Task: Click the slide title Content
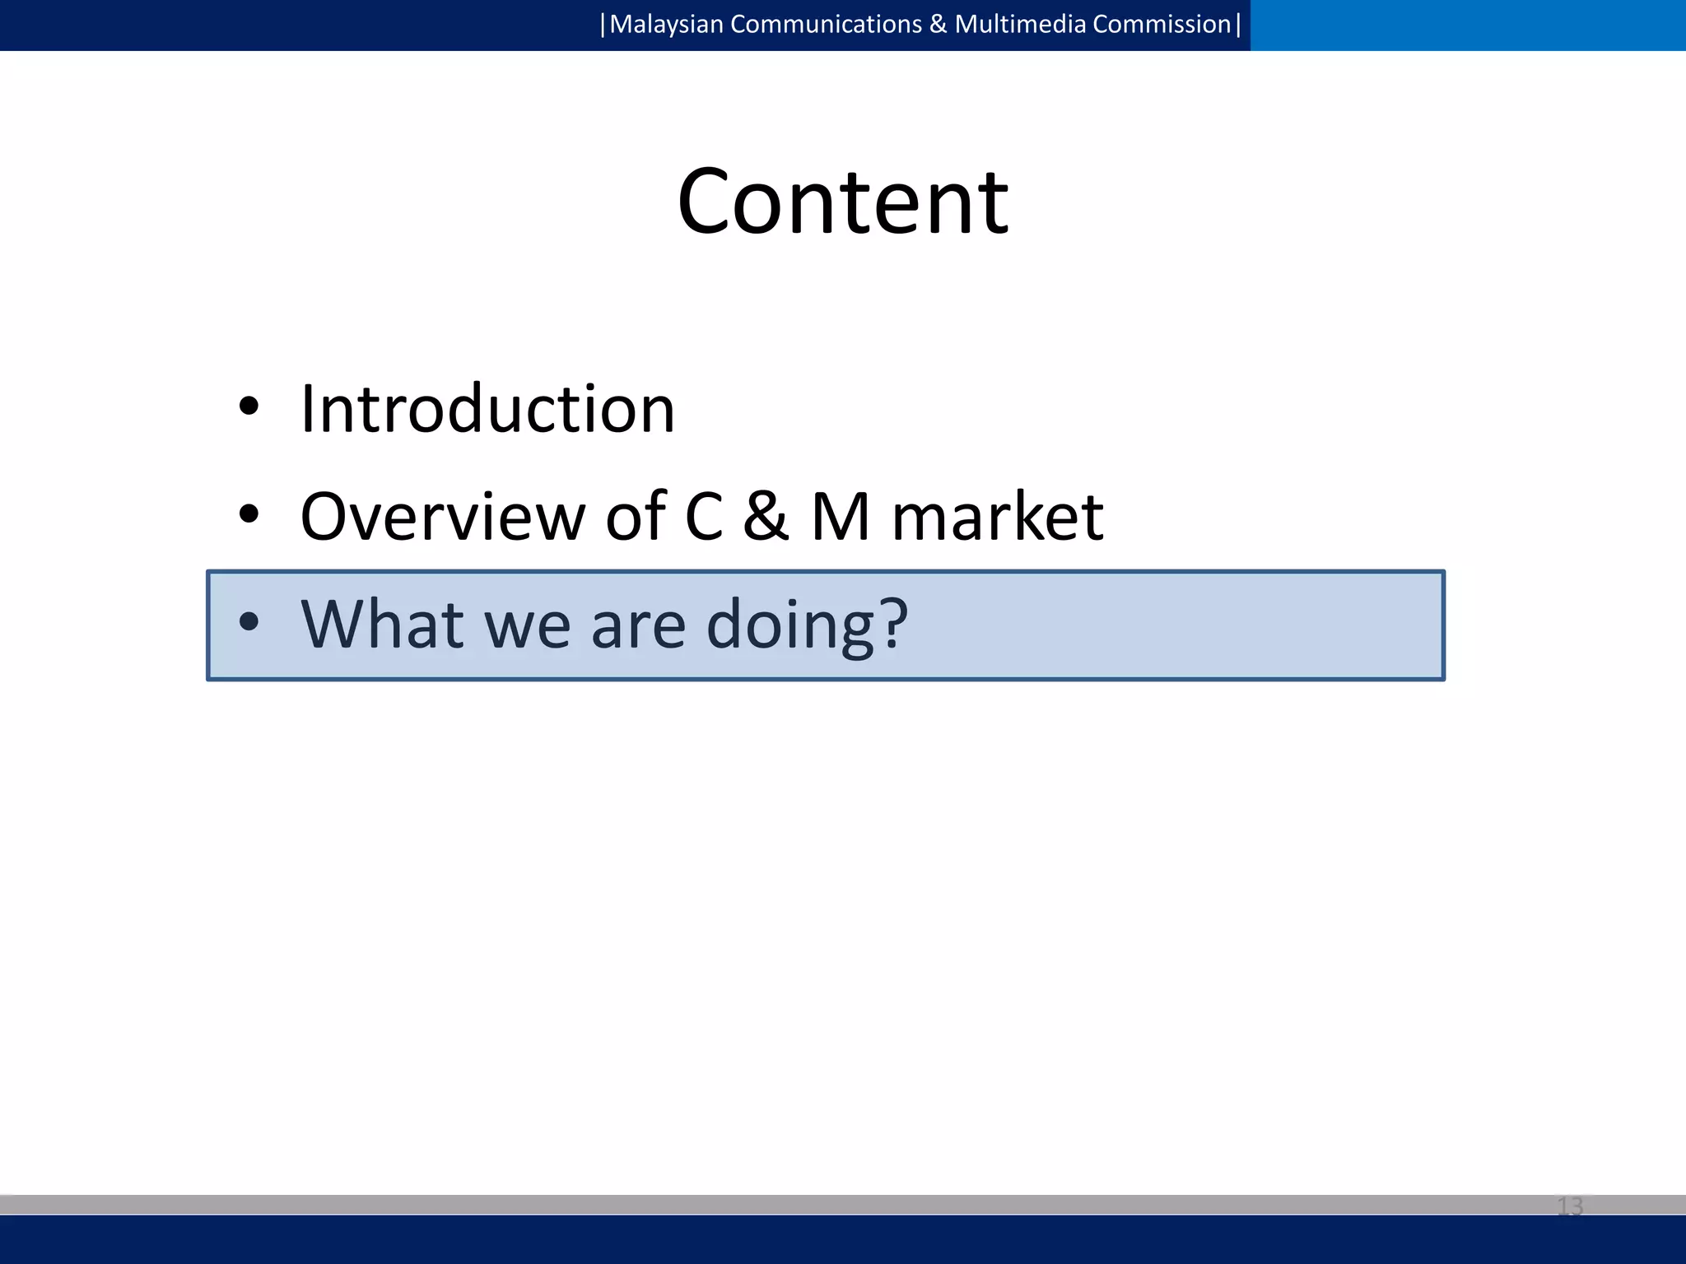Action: tap(842, 202)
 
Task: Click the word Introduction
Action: tap(487, 409)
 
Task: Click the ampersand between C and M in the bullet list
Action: tap(766, 517)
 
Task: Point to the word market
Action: tap(997, 517)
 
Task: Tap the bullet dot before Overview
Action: tap(249, 514)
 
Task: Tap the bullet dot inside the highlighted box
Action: tap(249, 622)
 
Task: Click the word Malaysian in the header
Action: tap(666, 25)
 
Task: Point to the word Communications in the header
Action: tap(826, 25)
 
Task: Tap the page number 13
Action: tap(1569, 1206)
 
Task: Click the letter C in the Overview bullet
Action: tap(704, 517)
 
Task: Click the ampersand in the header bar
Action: tap(938, 25)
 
